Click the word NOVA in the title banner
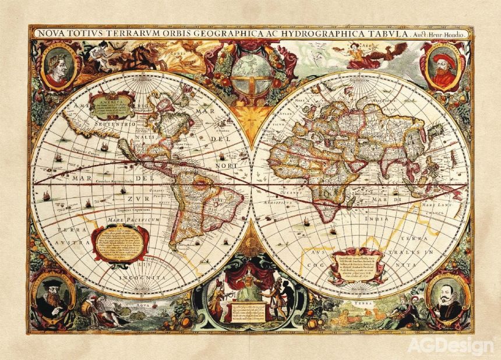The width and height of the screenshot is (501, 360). click(x=51, y=34)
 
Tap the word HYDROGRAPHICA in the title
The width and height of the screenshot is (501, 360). click(x=304, y=34)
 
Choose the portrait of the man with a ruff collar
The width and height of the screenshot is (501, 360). click(x=447, y=296)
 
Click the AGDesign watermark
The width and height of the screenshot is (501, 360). click(x=450, y=345)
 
